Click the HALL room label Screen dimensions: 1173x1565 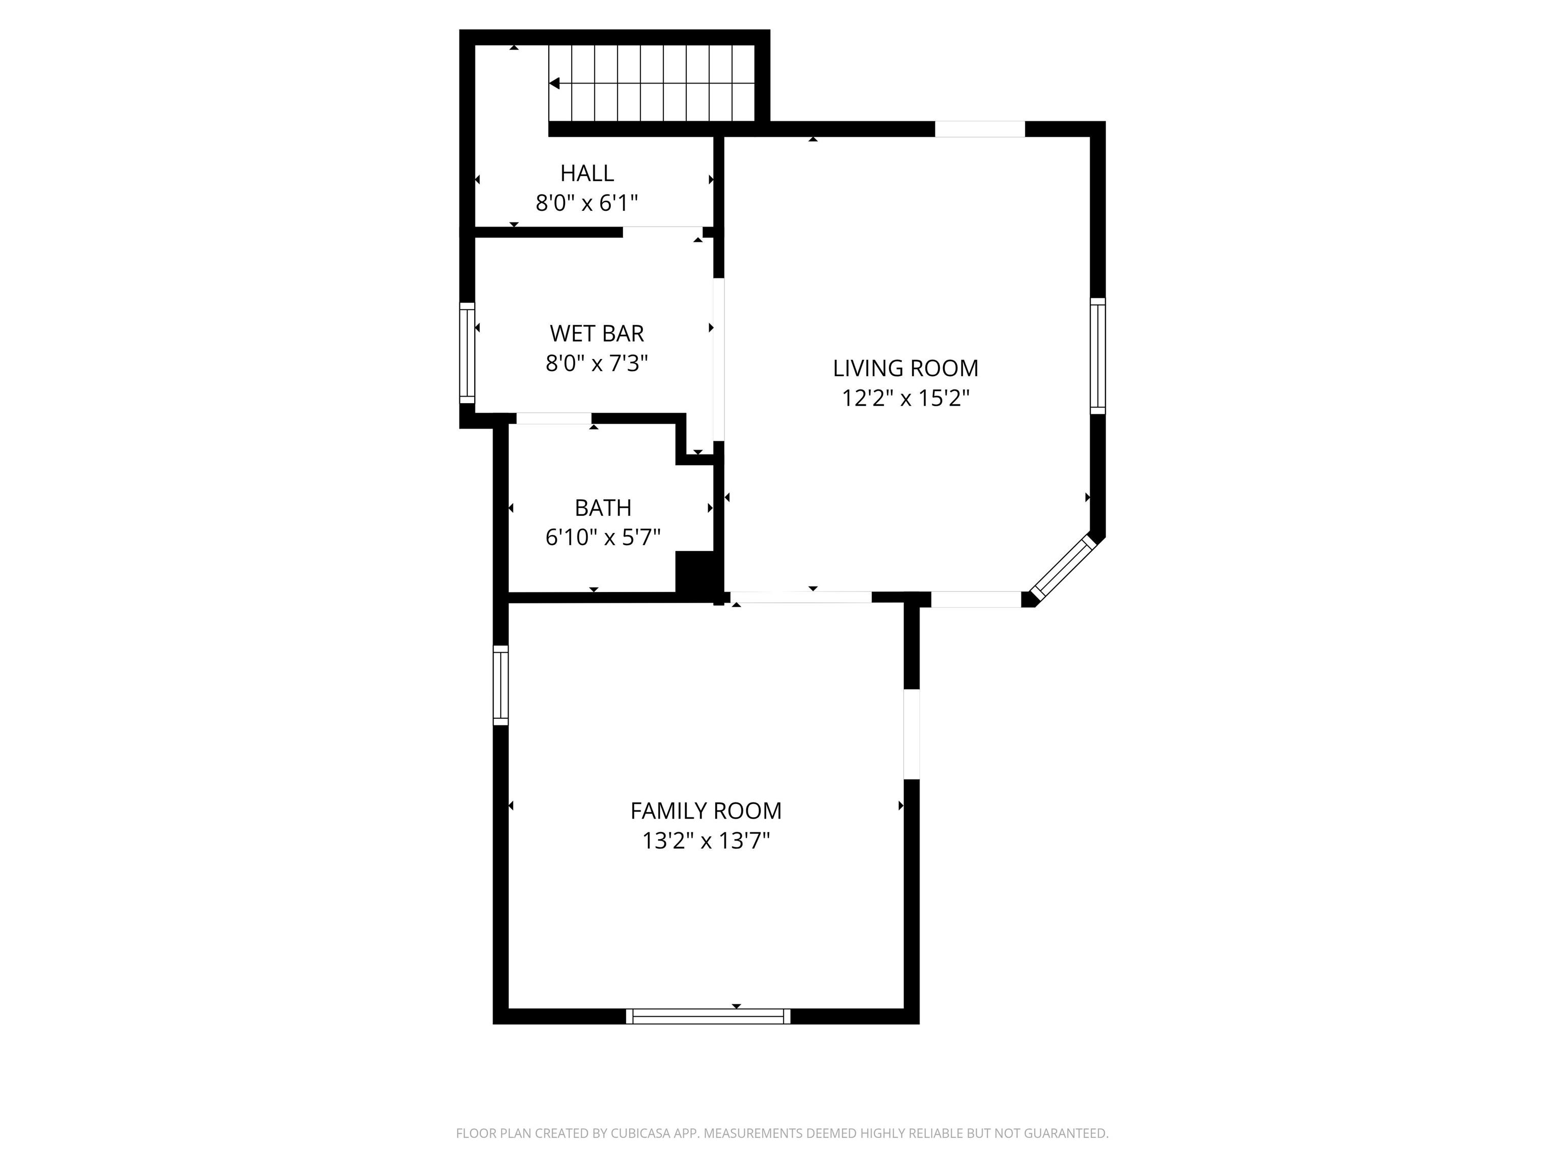point(586,173)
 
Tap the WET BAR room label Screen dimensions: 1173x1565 point(597,333)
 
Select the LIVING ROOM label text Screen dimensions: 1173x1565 point(905,369)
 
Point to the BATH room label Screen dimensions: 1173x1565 point(603,508)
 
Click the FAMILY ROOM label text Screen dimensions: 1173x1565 point(706,811)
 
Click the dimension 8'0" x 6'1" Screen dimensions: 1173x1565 point(586,204)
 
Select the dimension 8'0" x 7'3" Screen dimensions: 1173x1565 point(597,364)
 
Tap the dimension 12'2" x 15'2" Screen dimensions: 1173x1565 point(905,399)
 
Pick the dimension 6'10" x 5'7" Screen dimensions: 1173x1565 point(603,538)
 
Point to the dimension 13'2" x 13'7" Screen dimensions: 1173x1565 point(706,841)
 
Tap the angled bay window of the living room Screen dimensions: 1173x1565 point(1062,567)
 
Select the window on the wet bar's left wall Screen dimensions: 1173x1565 point(467,353)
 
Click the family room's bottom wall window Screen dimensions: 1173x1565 point(708,1016)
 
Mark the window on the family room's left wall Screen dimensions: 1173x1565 point(500,684)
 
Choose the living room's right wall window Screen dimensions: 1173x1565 point(1097,356)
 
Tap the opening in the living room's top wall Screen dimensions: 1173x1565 point(980,129)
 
